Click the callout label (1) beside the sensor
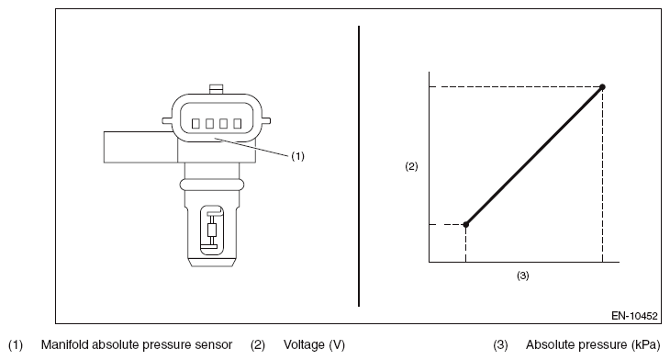click(297, 156)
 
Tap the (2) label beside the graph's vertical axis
click(411, 166)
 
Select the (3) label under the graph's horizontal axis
click(523, 276)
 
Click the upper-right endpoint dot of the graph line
click(602, 87)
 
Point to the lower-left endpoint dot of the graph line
click(465, 224)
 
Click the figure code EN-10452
click(634, 316)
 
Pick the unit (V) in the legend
click(337, 344)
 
